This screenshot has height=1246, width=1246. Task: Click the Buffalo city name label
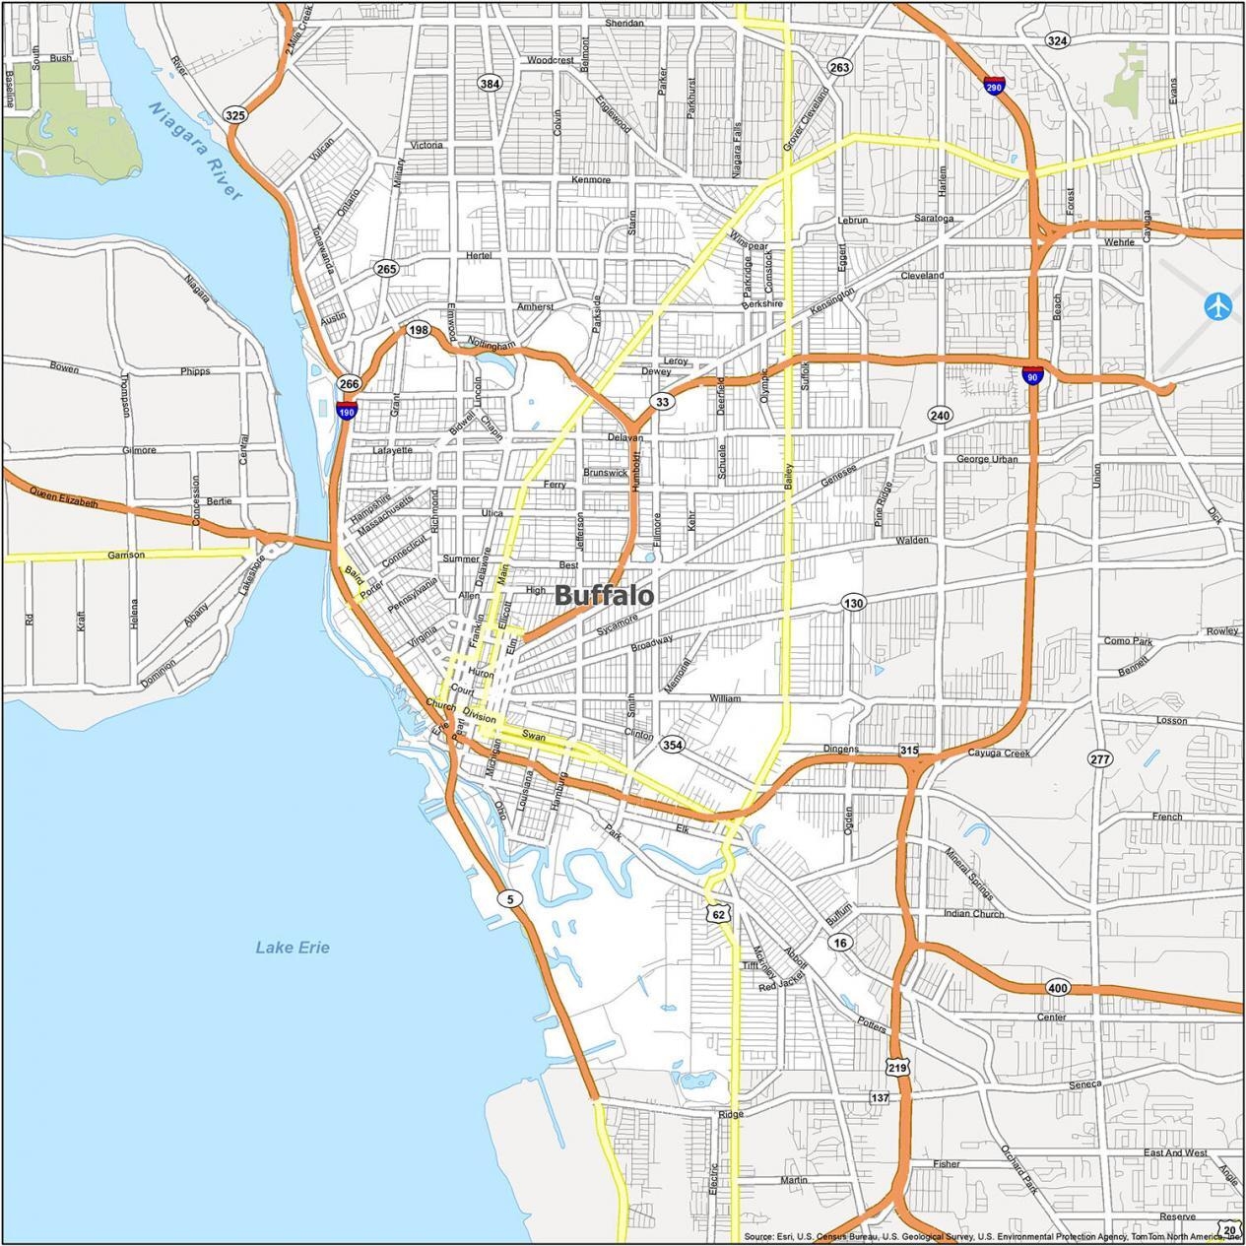(604, 595)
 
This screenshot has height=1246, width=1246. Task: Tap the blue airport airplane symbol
(1219, 305)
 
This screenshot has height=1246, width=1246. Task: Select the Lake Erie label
(293, 948)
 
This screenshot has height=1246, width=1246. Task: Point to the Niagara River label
(195, 151)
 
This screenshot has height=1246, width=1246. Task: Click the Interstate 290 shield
(994, 86)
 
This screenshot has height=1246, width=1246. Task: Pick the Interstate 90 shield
(1032, 374)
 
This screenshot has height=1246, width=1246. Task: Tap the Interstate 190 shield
(346, 410)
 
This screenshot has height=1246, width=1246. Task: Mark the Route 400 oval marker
(1057, 988)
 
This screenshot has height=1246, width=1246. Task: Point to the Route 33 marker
(662, 402)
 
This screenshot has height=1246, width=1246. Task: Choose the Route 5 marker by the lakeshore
(508, 897)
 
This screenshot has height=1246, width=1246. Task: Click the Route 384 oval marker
(490, 84)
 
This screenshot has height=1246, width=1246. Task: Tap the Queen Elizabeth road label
(64, 497)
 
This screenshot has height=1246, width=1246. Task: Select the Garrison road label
(126, 556)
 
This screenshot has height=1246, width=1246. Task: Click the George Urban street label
(987, 459)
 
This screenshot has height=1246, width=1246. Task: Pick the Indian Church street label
(973, 914)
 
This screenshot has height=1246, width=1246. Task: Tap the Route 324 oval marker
(1057, 40)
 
